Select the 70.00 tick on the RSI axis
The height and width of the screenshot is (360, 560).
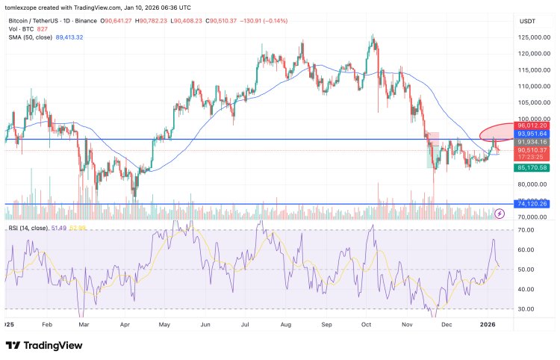pyautogui.click(x=526, y=230)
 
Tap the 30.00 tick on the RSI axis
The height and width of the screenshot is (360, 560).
pyautogui.click(x=526, y=308)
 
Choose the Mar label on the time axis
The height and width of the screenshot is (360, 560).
pyautogui.click(x=84, y=325)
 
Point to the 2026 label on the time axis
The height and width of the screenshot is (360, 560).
pyautogui.click(x=488, y=325)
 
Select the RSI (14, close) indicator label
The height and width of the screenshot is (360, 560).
pyautogui.click(x=34, y=226)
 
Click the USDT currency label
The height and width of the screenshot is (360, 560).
pyautogui.click(x=529, y=20)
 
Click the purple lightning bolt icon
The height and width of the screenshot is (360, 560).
pyautogui.click(x=500, y=214)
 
